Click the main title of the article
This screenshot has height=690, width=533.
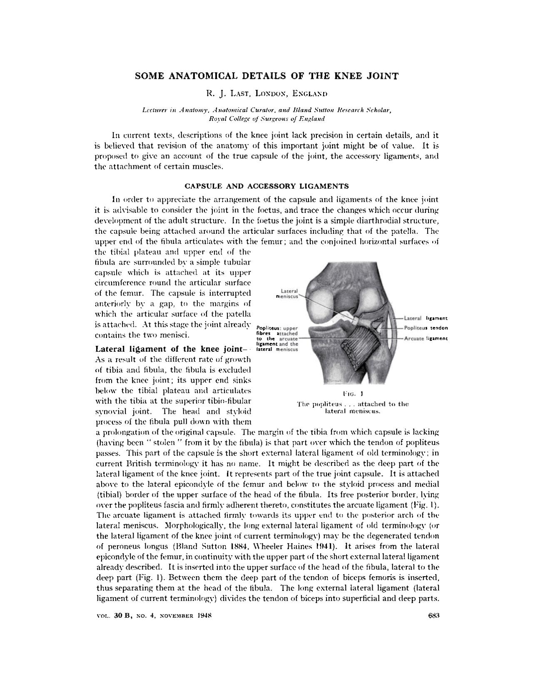pos(266,76)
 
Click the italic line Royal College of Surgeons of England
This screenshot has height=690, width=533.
pos(266,118)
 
